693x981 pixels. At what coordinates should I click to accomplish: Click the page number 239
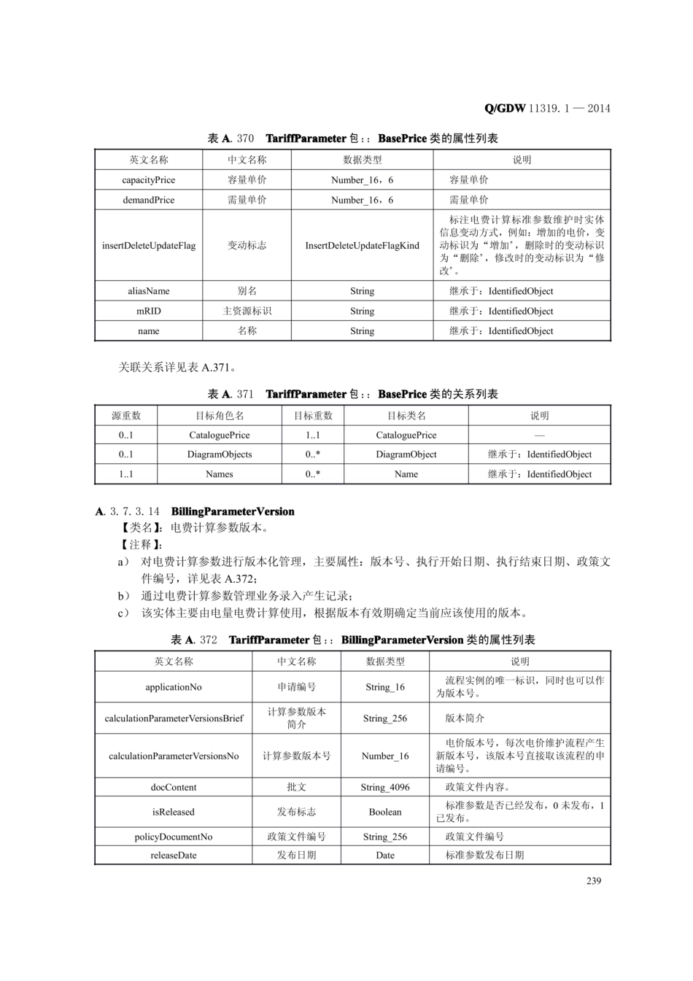coord(593,880)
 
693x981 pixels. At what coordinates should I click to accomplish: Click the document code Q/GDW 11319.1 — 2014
coord(547,109)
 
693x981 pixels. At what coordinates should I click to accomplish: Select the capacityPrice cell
coord(148,180)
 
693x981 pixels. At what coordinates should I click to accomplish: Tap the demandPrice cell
coord(148,200)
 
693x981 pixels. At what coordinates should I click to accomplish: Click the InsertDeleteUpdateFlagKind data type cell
coord(362,246)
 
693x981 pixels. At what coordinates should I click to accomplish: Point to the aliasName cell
coord(148,291)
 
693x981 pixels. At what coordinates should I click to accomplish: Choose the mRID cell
coord(148,311)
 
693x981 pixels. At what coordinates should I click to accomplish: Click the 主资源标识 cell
coord(247,311)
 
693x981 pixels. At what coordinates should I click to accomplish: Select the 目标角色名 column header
coord(219,416)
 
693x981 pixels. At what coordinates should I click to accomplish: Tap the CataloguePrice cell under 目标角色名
coord(219,435)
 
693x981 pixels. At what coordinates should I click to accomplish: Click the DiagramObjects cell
coord(219,454)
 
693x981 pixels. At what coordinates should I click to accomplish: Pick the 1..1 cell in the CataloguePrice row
coord(312,435)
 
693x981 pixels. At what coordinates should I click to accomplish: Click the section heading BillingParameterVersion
coord(233,511)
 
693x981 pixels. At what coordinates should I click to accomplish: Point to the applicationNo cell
coord(173,687)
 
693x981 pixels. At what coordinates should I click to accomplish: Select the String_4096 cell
coord(384,787)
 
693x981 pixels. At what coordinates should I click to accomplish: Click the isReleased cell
coord(173,812)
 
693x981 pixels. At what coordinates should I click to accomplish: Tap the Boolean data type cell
coord(384,812)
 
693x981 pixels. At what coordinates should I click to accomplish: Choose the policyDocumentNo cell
coord(173,837)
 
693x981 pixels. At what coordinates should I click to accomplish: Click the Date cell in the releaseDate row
coord(384,856)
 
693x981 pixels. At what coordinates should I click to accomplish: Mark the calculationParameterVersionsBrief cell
coord(173,718)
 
